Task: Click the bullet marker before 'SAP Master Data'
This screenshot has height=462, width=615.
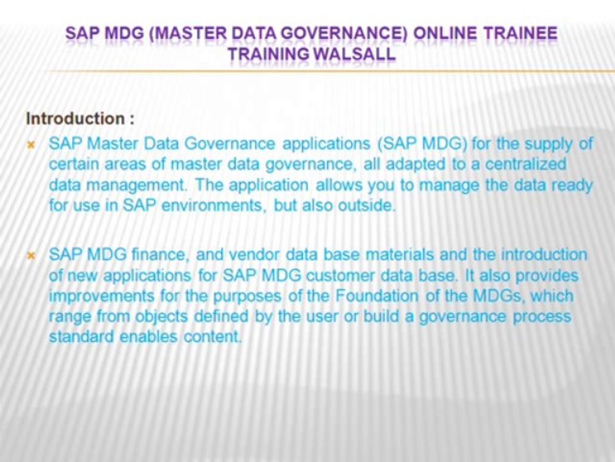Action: [x=31, y=146]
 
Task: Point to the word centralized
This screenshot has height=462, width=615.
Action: [x=525, y=164]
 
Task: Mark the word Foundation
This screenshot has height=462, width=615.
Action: [x=371, y=296]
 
